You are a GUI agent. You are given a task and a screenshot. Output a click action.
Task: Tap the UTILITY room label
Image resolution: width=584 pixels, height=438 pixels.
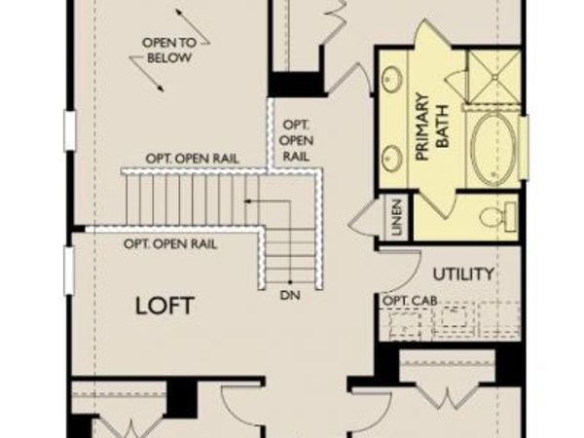pos(463,274)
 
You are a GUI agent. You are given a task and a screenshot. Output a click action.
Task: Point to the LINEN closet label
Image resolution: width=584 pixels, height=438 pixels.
pos(397,217)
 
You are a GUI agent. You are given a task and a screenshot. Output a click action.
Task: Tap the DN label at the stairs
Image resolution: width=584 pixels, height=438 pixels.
pos(288,293)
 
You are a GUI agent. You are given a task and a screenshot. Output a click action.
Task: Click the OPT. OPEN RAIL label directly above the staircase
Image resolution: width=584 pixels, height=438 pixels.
pos(193,158)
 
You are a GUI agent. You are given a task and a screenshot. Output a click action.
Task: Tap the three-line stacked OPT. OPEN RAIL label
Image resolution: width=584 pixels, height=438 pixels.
pos(296,140)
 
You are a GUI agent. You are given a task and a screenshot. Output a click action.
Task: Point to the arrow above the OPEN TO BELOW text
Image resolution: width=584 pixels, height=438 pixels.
pos(178,15)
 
